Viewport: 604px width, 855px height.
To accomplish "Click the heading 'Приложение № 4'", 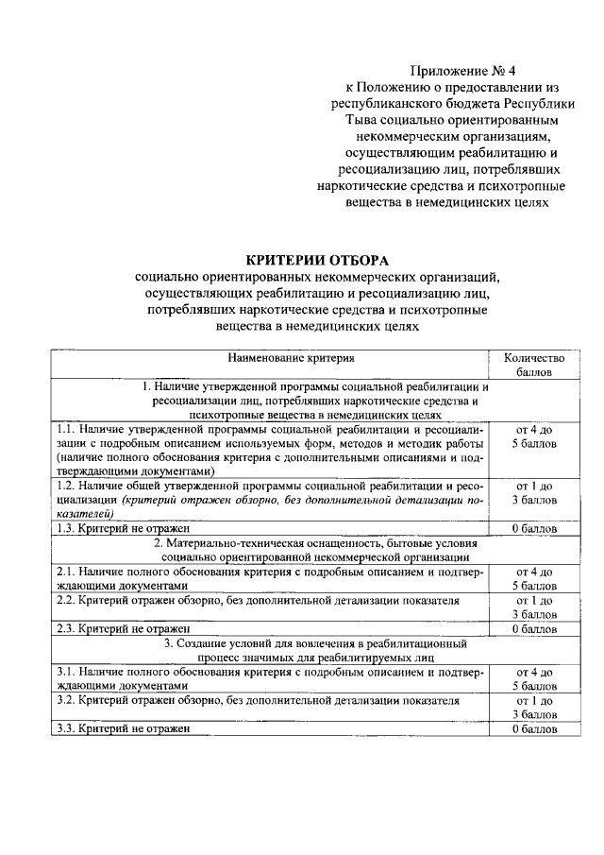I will point(462,70).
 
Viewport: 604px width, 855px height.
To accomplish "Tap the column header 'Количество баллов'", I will point(533,365).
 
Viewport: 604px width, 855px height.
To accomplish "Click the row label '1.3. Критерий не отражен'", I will point(123,528).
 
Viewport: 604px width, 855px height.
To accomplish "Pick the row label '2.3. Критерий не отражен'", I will point(123,627).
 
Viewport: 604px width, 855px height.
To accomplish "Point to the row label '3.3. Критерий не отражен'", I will point(123,728).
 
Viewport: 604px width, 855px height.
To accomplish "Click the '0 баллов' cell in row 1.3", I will point(533,528).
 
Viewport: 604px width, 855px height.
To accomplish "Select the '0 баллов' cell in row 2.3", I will point(533,627).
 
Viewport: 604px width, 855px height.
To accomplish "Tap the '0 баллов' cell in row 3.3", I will point(533,728).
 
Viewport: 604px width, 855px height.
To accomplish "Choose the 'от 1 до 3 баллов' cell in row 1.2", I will point(533,492).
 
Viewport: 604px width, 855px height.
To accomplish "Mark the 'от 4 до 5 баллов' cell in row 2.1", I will point(533,578).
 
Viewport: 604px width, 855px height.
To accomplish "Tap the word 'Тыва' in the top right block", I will point(362,122).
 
